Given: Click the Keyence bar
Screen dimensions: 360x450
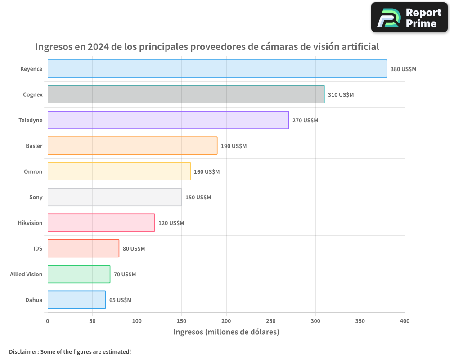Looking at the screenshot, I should pyautogui.click(x=217, y=69).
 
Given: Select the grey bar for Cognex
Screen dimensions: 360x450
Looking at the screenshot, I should pyautogui.click(x=186, y=94).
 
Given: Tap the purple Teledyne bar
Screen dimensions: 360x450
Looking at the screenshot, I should pyautogui.click(x=168, y=120).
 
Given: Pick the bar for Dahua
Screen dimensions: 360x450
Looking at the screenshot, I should pyautogui.click(x=76, y=300).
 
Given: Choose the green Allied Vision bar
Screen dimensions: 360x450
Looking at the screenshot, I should pyautogui.click(x=79, y=274).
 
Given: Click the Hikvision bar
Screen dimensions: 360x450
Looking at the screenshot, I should pyautogui.click(x=101, y=223).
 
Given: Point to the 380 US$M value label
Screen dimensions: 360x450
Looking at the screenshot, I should pyautogui.click(x=403, y=69).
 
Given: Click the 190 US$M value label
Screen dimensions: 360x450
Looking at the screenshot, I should pyautogui.click(x=234, y=146).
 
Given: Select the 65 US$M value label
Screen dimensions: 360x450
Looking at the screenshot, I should pyautogui.click(x=120, y=300).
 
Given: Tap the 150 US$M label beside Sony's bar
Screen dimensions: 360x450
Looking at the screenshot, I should pyautogui.click(x=198, y=198).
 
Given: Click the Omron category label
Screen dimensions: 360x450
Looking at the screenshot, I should pyautogui.click(x=33, y=171).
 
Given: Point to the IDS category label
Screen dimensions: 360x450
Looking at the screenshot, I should pyautogui.click(x=38, y=248).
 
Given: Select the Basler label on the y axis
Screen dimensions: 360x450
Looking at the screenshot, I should pyautogui.click(x=34, y=146).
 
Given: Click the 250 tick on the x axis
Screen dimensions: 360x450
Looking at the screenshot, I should pyautogui.click(x=271, y=321).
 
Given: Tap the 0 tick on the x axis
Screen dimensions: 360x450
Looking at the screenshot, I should pyautogui.click(x=48, y=321).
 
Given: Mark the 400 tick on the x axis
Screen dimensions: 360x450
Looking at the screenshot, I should pyautogui.click(x=405, y=321).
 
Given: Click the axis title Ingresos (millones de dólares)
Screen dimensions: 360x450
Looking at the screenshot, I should pyautogui.click(x=226, y=332).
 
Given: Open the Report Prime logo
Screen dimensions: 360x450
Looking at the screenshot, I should pyautogui.click(x=409, y=18).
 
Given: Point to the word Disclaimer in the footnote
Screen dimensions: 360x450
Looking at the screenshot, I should pyautogui.click(x=23, y=351).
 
